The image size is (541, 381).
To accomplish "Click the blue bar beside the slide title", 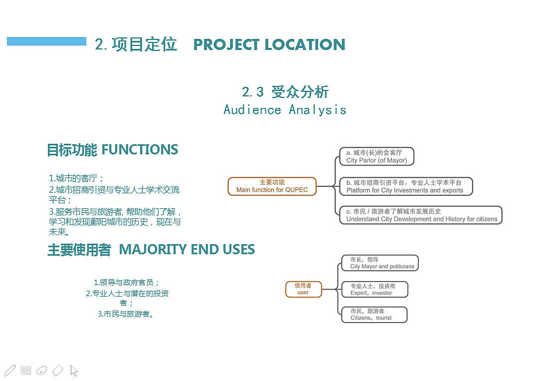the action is (46, 41).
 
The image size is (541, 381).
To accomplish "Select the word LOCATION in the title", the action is (305, 44).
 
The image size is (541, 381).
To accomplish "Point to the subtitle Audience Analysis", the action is (285, 110).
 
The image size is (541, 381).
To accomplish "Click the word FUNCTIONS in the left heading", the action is (140, 150).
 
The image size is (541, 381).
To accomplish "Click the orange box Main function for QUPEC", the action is (272, 186).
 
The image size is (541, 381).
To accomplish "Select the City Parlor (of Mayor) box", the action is (377, 156).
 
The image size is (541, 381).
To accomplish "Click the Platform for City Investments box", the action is (406, 187).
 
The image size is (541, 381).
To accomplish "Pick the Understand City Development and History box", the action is (421, 215).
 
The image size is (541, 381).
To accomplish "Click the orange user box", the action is (303, 289).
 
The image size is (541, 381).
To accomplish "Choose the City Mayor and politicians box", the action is (380, 263).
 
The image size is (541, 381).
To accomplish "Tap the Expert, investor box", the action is (374, 290).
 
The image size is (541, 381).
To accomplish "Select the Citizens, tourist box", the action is (374, 315).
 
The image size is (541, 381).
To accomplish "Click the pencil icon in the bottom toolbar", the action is (9, 371).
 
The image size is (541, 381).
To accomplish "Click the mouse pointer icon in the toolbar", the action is (74, 371).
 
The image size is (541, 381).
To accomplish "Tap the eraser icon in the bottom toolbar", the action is (58, 371).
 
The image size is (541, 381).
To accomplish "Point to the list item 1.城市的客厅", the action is (76, 178).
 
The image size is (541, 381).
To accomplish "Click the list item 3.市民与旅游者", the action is (126, 314).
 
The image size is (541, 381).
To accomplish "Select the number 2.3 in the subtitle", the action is (253, 92).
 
